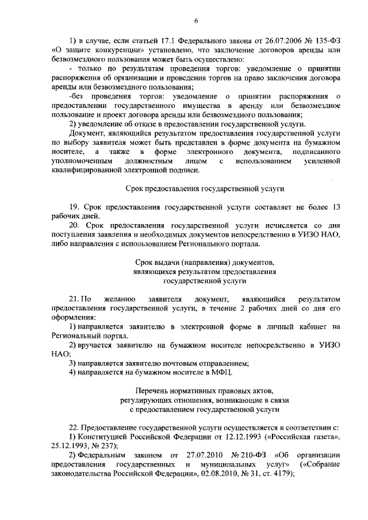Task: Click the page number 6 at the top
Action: click(195, 21)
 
